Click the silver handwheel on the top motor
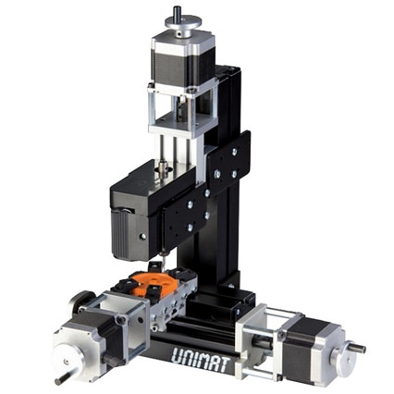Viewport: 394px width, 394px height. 184,23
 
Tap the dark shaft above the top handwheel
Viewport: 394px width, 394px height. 178,12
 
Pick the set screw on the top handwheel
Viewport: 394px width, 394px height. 178,33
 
